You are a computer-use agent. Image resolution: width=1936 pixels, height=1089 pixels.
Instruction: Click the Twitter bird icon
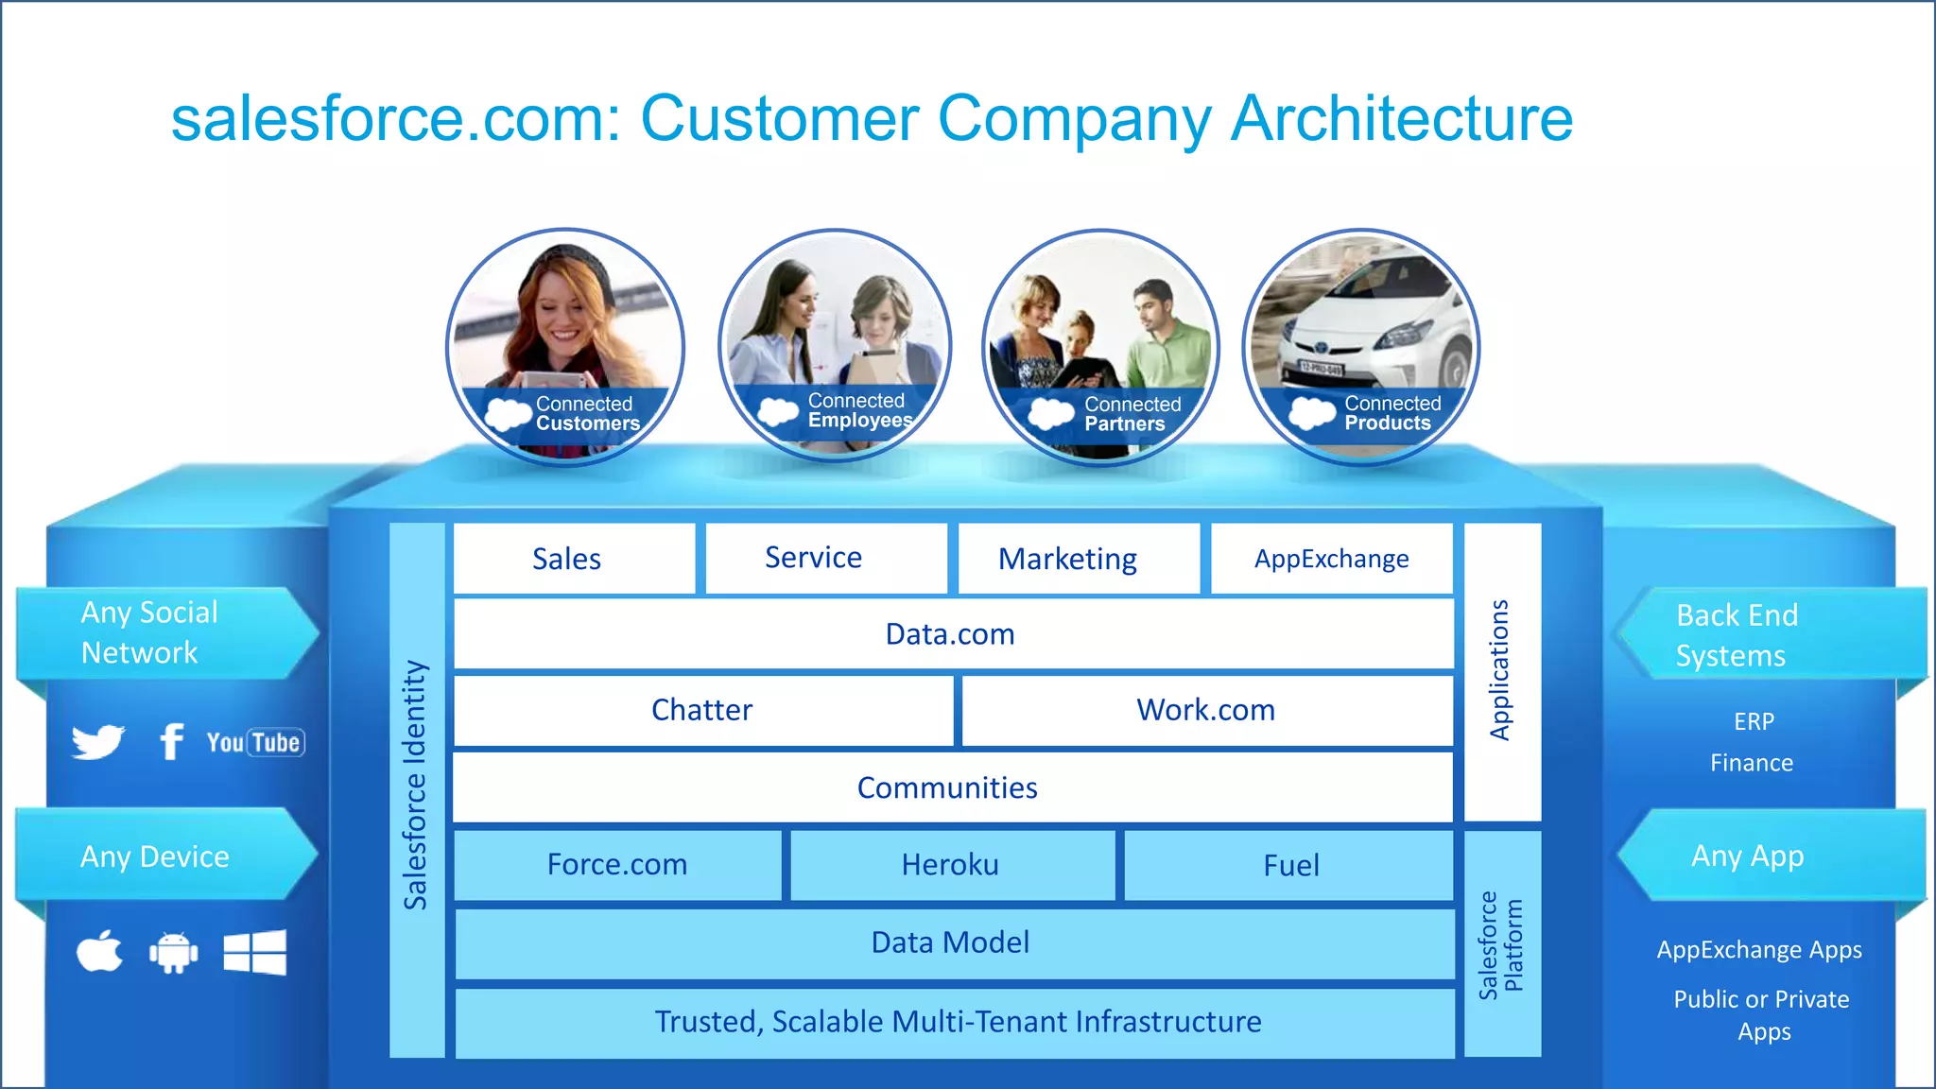pos(98,742)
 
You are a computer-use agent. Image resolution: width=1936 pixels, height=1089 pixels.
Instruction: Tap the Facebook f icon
pos(171,742)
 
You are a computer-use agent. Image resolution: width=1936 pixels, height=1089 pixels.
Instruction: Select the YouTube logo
pos(255,743)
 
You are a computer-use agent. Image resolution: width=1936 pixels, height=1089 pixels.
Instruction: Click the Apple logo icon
pos(100,952)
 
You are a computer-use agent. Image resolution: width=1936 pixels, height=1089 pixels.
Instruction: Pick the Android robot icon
pos(174,953)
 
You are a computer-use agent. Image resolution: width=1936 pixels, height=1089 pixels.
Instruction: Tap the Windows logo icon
pos(254,952)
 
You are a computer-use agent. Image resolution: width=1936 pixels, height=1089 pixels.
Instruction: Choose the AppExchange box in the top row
pos(1331,559)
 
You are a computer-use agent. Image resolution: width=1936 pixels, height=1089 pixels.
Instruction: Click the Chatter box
pos(702,710)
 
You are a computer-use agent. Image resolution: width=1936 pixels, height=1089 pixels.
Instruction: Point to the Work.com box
pos(1206,710)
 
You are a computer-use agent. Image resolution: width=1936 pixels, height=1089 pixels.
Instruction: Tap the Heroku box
pos(951,865)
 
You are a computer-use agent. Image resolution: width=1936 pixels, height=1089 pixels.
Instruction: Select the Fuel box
pos(1289,865)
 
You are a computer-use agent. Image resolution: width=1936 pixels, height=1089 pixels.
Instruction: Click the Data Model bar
pos(953,942)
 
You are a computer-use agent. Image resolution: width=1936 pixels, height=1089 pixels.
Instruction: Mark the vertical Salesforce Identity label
pos(416,785)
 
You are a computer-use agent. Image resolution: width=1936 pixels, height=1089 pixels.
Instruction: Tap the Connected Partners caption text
pos(1132,414)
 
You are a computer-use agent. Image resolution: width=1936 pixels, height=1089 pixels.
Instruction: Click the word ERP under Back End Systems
pos(1754,722)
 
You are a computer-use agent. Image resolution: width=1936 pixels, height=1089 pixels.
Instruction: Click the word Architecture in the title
pos(1401,119)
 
